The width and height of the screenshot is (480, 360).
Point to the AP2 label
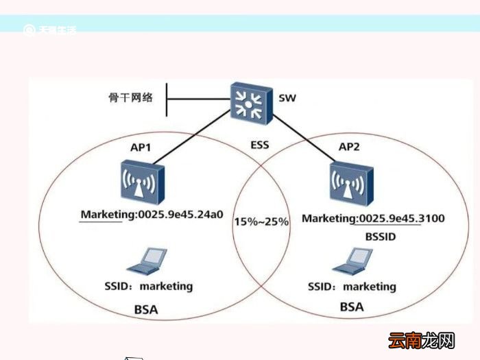tap(354, 147)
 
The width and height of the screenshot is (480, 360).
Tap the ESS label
tap(260, 145)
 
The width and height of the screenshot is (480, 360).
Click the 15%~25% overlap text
tap(261, 221)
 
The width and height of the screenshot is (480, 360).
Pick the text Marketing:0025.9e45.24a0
tap(152, 214)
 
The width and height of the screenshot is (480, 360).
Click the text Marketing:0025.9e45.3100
tap(374, 219)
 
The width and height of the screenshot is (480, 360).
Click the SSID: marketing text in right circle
tap(352, 286)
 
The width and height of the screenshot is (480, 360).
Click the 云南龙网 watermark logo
tap(422, 341)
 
